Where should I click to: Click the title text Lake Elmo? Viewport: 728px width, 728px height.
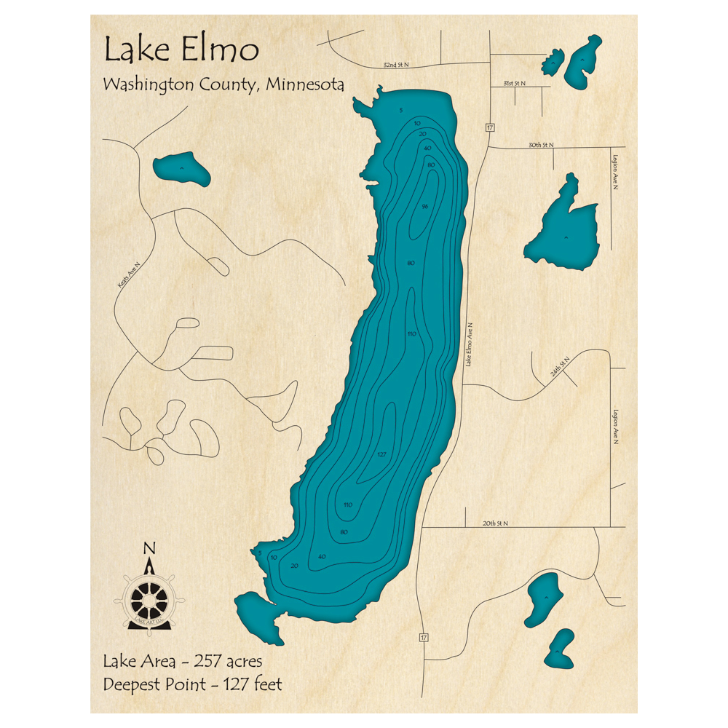point(181,50)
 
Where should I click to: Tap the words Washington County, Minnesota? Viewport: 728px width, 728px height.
point(223,84)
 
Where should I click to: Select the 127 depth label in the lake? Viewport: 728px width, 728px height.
point(381,455)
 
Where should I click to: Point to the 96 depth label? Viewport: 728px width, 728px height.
point(424,207)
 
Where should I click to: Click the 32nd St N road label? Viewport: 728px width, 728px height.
point(396,65)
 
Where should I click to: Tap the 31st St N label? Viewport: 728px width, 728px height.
point(515,84)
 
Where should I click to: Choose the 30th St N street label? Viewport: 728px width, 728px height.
point(541,145)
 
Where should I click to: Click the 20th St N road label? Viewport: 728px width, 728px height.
point(494,523)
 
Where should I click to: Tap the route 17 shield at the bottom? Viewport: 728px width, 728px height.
point(422,638)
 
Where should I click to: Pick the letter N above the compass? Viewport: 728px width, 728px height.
point(149,548)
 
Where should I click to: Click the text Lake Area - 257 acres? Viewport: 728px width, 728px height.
point(182,662)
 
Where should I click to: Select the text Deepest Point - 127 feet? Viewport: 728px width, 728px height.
point(192,684)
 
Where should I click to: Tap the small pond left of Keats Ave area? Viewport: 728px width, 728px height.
point(181,169)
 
